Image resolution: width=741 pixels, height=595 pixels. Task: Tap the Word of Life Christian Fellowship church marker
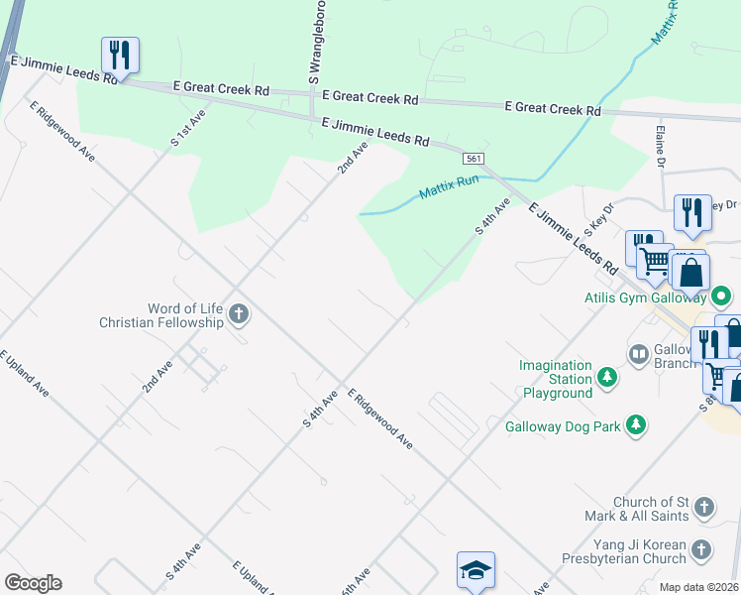tap(238, 315)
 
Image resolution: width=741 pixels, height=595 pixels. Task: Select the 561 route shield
tap(473, 159)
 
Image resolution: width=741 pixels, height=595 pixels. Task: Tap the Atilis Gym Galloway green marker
tap(722, 297)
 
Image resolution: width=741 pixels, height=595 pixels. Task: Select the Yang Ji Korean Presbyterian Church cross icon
tap(700, 550)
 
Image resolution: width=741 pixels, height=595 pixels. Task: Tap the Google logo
tap(33, 583)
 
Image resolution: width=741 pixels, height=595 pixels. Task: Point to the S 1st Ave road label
tap(187, 128)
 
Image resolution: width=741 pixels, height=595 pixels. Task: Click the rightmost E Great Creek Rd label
tap(553, 109)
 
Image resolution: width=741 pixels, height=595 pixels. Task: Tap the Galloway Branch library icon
tap(639, 354)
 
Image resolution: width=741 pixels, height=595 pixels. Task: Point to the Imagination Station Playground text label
tap(556, 380)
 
